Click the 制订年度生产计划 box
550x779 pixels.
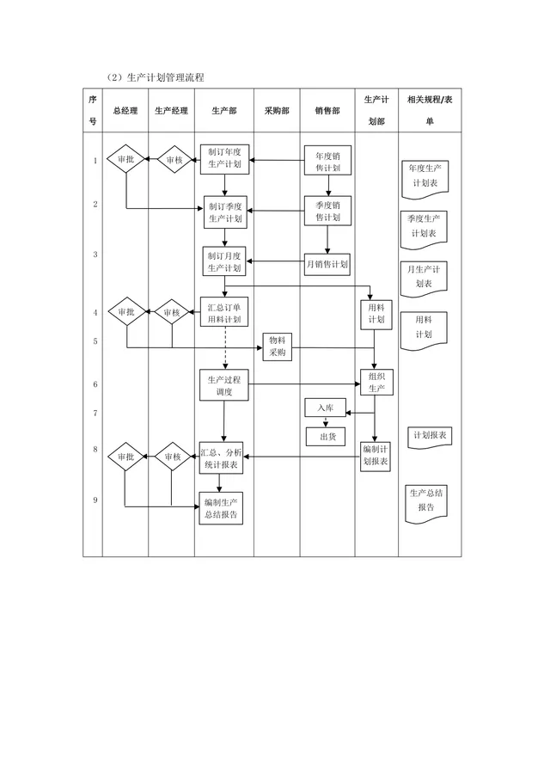pos(224,159)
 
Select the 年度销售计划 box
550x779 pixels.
pos(327,161)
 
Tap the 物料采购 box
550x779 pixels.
pos(277,347)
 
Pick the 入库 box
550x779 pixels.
pos(325,408)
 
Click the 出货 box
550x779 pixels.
pos(326,437)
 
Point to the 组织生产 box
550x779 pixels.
pos(376,382)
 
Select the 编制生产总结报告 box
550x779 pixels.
pos(221,508)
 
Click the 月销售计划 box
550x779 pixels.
pos(327,264)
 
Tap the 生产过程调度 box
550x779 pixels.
pos(224,385)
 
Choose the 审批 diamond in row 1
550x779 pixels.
pos(125,159)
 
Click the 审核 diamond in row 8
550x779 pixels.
pos(172,457)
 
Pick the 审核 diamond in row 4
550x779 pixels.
pos(171,312)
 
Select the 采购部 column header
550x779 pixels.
pos(277,111)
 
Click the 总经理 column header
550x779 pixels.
pos(125,111)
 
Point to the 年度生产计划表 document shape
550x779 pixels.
pos(425,180)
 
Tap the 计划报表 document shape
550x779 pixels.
pos(430,438)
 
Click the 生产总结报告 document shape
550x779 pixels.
pos(426,504)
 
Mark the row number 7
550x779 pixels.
pos(95,414)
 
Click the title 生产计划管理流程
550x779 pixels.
pos(166,77)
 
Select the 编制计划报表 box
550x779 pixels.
pos(376,456)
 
